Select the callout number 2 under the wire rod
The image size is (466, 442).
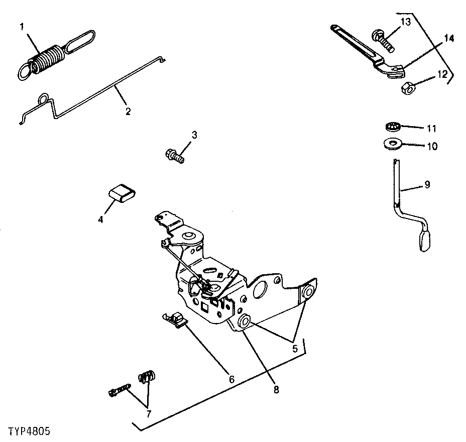point(128,111)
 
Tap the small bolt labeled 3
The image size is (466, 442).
point(174,155)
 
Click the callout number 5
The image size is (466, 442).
point(295,347)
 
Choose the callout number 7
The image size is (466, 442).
point(148,414)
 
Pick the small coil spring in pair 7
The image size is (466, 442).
point(148,377)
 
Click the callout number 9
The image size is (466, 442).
point(427,184)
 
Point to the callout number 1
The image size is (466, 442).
point(22,27)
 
